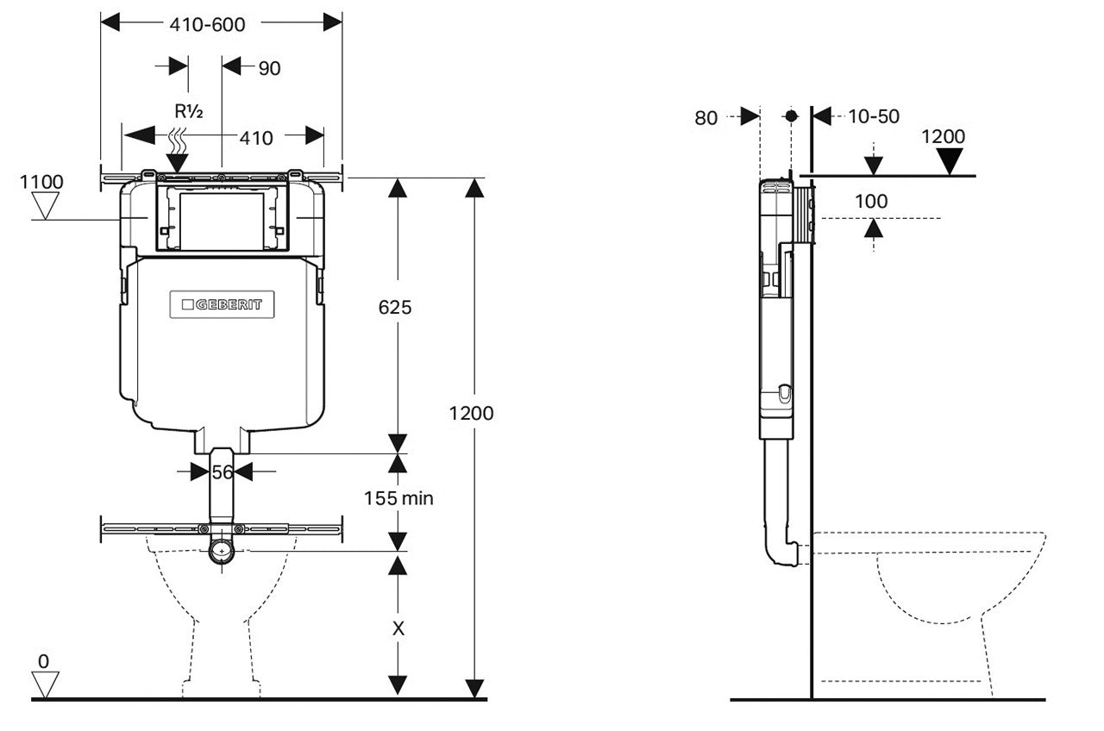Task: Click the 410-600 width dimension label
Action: click(207, 25)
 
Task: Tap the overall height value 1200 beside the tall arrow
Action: click(471, 413)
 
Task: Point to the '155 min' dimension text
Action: click(398, 497)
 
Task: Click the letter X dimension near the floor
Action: click(398, 628)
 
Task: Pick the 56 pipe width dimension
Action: click(223, 472)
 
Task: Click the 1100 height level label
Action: click(41, 182)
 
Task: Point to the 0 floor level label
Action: click(43, 661)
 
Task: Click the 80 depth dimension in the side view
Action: click(706, 118)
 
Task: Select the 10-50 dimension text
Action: click(874, 116)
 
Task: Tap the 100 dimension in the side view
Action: click(870, 202)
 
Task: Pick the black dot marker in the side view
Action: click(792, 116)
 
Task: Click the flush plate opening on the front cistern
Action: click(223, 222)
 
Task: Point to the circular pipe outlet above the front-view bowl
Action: click(223, 550)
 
